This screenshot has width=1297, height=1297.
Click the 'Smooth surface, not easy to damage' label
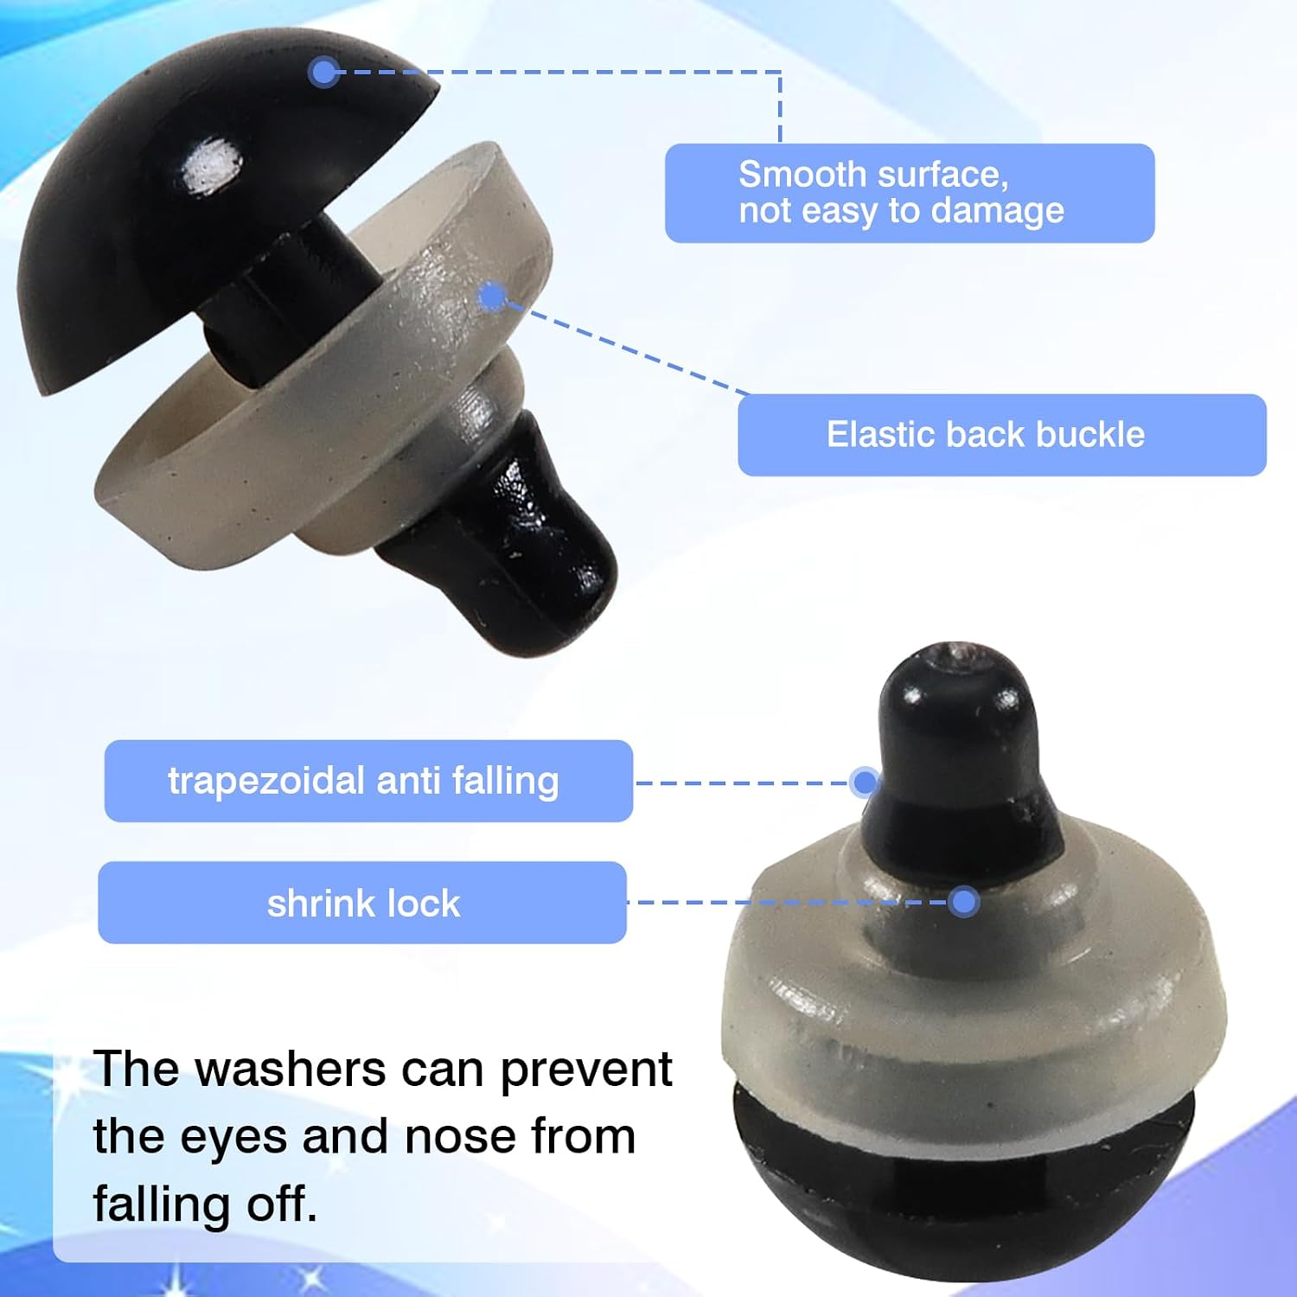[910, 193]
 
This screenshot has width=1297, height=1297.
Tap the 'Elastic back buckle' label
[1002, 435]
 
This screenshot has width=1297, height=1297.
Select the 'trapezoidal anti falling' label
[368, 781]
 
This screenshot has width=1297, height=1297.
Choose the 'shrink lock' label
[362, 903]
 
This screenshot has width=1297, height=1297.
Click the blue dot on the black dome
[323, 72]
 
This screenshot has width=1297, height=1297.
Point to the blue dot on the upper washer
[493, 297]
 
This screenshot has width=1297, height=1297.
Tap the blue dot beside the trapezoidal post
[864, 783]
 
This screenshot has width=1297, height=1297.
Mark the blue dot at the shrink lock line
[963, 902]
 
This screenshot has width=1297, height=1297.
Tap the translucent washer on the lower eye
[974, 986]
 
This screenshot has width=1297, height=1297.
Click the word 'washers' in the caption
[291, 1070]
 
